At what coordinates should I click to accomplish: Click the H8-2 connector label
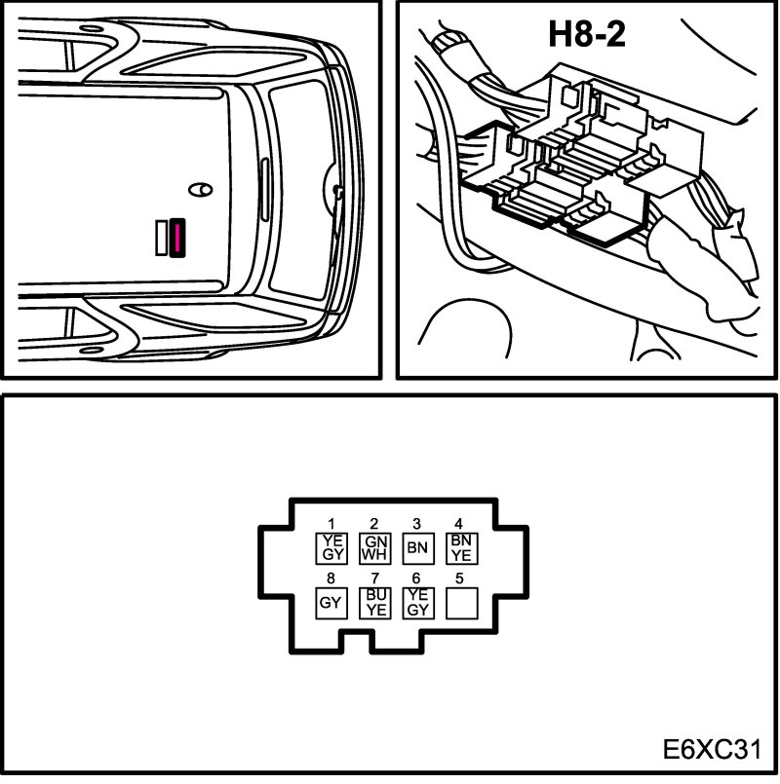coord(586,35)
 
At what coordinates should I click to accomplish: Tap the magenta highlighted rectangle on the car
coord(177,237)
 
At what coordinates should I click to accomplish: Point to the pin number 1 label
coord(331,524)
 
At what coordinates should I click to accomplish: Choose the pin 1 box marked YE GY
coord(331,547)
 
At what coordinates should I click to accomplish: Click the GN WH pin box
coord(374,547)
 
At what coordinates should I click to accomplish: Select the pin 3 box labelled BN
coord(417,547)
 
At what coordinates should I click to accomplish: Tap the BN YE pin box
coord(459,547)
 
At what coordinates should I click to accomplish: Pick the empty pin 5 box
coord(459,603)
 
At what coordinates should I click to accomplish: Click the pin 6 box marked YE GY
coord(417,603)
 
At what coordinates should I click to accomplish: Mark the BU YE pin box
coord(374,603)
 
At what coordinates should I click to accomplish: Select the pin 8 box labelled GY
coord(331,603)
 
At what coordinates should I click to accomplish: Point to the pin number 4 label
coord(459,524)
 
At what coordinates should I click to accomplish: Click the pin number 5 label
coord(459,579)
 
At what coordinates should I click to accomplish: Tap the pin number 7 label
coord(374,579)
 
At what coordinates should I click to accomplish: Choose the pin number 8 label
coord(331,579)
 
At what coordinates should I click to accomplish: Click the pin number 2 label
coord(374,524)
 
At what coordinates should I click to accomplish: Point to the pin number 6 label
coord(417,579)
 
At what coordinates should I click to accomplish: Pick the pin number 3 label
coord(417,524)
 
